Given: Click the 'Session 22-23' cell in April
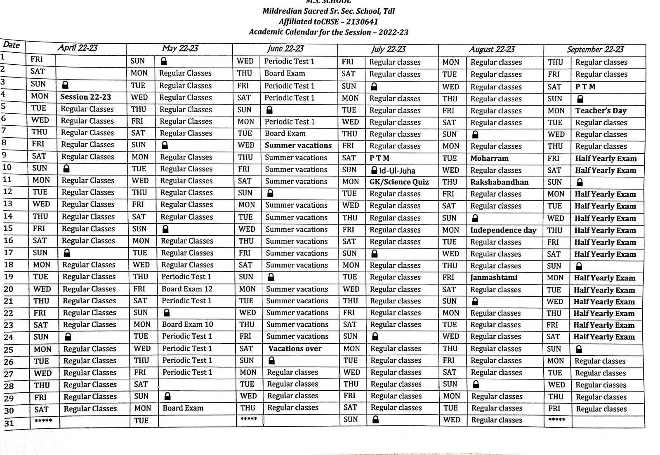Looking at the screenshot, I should pyautogui.click(x=85, y=97).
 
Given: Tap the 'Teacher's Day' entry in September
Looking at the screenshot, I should pyautogui.click(x=601, y=110).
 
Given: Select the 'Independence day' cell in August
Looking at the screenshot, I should pyautogui.click(x=503, y=230).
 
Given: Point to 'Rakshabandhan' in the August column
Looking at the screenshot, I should pyautogui.click(x=499, y=182).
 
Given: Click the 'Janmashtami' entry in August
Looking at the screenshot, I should pyautogui.click(x=493, y=277).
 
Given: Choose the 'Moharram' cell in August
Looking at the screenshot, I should pyautogui.click(x=489, y=158).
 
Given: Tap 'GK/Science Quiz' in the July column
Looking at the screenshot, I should pyautogui.click(x=399, y=182).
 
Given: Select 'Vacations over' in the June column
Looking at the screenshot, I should pyautogui.click(x=295, y=349).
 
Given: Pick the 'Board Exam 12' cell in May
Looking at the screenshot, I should pyautogui.click(x=187, y=289).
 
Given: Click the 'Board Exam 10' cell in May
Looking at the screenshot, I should pyautogui.click(x=187, y=324).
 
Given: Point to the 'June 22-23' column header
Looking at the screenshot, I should pyautogui.click(x=285, y=49).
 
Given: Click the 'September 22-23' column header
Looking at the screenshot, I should pyautogui.click(x=595, y=49).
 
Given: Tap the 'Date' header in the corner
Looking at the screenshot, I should pyautogui.click(x=11, y=45).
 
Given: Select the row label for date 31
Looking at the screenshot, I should pyautogui.click(x=9, y=423).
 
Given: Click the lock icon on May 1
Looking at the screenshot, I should pyautogui.click(x=164, y=61).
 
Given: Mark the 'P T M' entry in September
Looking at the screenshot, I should pyautogui.click(x=585, y=87).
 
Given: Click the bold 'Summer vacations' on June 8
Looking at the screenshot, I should pyautogui.click(x=298, y=145).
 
